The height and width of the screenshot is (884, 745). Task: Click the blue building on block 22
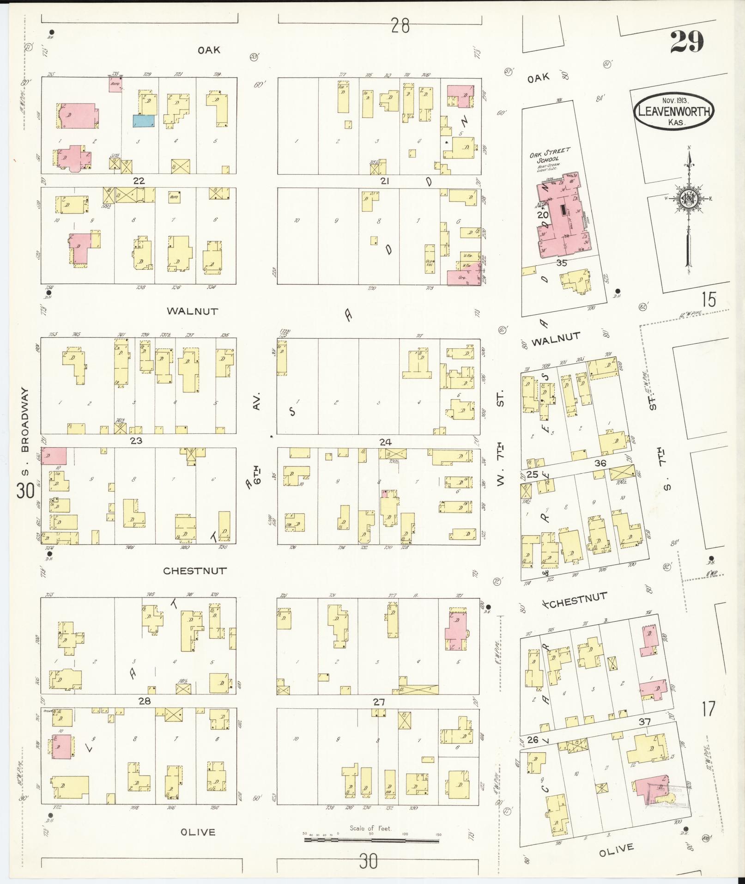[x=144, y=121]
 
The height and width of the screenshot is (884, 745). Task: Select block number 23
[x=136, y=440]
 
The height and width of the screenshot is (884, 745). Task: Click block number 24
[x=385, y=442]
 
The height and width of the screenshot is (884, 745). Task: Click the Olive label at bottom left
[x=198, y=832]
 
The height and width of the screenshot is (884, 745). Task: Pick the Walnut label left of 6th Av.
[x=192, y=311]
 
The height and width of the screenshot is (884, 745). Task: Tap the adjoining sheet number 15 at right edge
[x=708, y=300]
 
